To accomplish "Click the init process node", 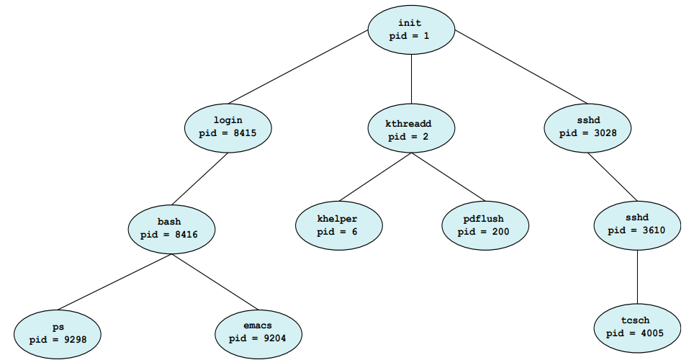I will coord(411,30).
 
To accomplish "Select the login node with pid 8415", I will coord(228,127).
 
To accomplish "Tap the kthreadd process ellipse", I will coord(411,130).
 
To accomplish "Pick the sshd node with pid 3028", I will coord(587,127).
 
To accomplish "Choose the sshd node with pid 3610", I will coord(636,225).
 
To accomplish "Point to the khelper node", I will coord(338,225).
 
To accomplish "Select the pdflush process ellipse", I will coord(485,225).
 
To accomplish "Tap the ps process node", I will coord(58,332).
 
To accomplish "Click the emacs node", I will coord(258,332).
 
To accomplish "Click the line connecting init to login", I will coord(298,67).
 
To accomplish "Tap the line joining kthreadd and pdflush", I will coord(448,177).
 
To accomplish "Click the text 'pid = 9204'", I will coord(258,338).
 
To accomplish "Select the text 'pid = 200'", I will coord(485,232).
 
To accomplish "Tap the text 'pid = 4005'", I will coord(636,333).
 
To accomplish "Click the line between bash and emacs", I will coord(215,282).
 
